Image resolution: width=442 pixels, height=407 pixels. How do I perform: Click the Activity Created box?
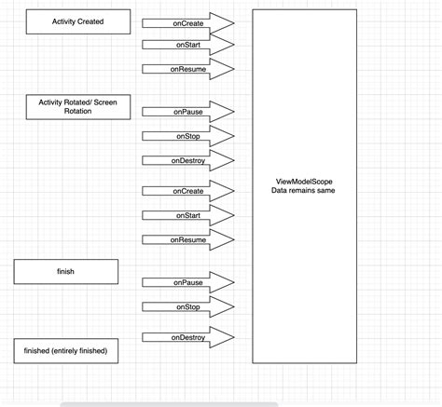point(78,21)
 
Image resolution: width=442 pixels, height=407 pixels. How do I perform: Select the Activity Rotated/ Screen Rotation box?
point(78,106)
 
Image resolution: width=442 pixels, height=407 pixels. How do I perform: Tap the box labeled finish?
point(66,272)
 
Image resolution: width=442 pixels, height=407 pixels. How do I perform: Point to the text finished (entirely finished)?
point(65,350)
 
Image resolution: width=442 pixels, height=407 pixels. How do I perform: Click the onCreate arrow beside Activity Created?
point(187,22)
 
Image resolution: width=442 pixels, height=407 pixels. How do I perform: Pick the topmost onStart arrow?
point(187,45)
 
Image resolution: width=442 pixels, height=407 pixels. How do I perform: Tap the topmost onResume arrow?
point(187,68)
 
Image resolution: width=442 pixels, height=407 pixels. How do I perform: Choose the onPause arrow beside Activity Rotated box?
point(187,112)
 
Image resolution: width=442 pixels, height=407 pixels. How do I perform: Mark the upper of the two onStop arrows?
point(187,136)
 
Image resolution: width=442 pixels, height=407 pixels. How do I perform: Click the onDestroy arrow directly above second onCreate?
point(187,160)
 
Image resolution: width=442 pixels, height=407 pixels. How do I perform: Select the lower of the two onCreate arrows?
point(187,191)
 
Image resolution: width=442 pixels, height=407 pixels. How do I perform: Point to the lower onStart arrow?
point(187,215)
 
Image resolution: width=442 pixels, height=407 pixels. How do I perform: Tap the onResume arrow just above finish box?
point(187,239)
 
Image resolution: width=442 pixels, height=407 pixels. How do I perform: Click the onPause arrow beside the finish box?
point(187,281)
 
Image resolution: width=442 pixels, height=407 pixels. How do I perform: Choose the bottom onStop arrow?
point(187,305)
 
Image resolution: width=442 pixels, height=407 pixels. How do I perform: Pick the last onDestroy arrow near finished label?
point(187,337)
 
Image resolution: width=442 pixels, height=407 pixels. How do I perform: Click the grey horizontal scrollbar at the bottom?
point(168,404)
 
